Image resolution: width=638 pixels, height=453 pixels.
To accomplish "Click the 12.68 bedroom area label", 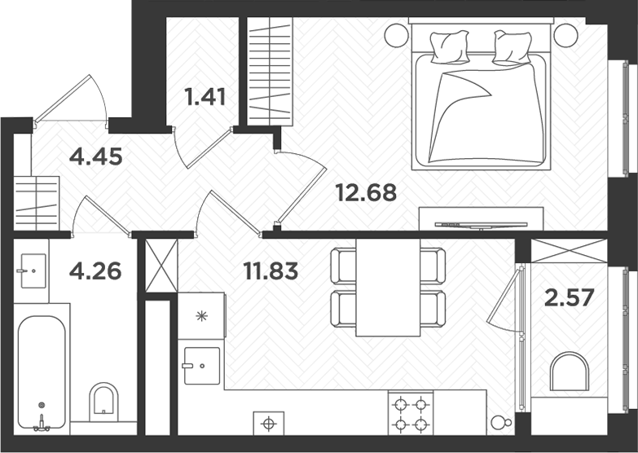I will click(x=366, y=193).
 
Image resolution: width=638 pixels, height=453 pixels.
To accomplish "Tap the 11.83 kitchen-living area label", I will click(x=271, y=270).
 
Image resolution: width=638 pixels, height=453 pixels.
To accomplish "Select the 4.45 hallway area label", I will click(x=96, y=156).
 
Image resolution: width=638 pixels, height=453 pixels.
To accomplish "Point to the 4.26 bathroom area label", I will click(x=95, y=270).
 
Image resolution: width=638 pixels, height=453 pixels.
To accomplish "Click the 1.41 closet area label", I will click(x=205, y=98).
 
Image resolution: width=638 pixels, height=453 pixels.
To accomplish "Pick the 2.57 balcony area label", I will click(x=569, y=297).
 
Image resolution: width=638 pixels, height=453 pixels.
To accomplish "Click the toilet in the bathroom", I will click(x=104, y=401).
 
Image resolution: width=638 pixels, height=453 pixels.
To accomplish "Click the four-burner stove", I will click(x=410, y=413).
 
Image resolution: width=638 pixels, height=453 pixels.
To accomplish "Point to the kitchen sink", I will click(x=201, y=364).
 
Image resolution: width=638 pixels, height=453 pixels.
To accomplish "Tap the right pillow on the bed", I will click(x=513, y=47).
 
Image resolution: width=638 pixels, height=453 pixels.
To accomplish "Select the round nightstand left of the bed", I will click(x=397, y=35).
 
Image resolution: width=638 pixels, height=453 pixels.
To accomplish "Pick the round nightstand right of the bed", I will click(x=565, y=33).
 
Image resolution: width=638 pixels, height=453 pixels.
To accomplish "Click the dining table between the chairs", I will click(x=388, y=287).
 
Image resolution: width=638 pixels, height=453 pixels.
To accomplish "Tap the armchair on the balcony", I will click(x=569, y=373).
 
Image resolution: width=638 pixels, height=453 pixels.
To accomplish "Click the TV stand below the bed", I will click(x=482, y=218).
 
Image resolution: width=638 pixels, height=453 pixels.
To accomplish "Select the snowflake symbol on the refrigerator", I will click(x=200, y=314).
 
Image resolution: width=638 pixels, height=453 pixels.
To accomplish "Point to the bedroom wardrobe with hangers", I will click(x=270, y=72).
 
